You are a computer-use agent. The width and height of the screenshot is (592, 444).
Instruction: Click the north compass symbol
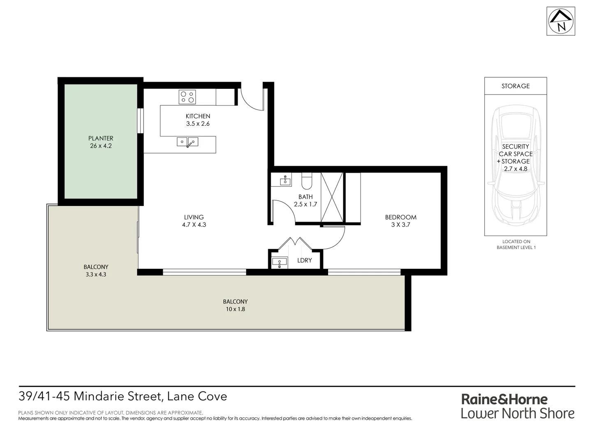(x=561, y=21)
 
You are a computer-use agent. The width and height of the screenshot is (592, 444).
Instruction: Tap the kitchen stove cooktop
(x=187, y=97)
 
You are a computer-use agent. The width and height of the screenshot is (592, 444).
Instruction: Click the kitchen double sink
(x=187, y=142)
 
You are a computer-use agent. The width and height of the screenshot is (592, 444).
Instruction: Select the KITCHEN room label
(x=198, y=116)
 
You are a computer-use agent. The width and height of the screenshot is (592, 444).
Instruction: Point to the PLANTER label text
(x=101, y=139)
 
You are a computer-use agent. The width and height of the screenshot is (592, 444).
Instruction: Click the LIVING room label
(x=194, y=217)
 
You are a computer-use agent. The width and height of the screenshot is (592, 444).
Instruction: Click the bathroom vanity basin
(x=285, y=180)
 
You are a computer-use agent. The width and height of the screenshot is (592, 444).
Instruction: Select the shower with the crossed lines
(x=332, y=197)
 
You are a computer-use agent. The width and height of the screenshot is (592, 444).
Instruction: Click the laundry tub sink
(x=280, y=261)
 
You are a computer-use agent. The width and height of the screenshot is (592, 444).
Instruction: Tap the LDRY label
(x=304, y=260)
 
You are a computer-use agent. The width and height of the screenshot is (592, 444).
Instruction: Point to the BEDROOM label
(x=400, y=217)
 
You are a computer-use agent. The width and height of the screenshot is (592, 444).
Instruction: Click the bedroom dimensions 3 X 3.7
(x=400, y=225)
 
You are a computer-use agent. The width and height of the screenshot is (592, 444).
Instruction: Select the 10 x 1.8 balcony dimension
(x=235, y=309)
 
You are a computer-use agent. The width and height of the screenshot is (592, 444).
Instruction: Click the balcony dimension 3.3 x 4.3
(x=96, y=274)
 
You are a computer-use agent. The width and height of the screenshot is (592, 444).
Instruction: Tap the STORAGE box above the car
(x=516, y=86)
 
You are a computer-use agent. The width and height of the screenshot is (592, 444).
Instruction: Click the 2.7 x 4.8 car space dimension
(x=516, y=169)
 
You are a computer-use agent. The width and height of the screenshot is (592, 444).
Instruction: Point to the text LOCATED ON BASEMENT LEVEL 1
(x=516, y=245)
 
